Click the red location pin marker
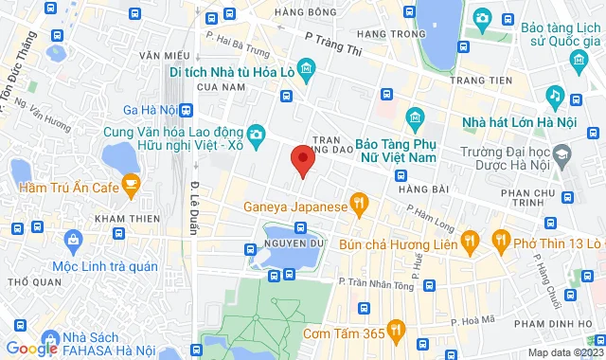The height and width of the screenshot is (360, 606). pos(302,160)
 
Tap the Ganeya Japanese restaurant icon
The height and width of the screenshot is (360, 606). pos(358,202)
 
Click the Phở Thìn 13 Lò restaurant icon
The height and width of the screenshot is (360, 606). pos(499,243)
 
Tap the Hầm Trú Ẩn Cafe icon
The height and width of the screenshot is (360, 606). pos(132,185)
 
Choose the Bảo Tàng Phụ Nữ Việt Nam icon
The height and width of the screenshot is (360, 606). pos(414,117)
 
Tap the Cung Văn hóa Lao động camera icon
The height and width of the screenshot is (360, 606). pos(256,135)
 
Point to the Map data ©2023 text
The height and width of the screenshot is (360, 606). pos(563,353)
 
